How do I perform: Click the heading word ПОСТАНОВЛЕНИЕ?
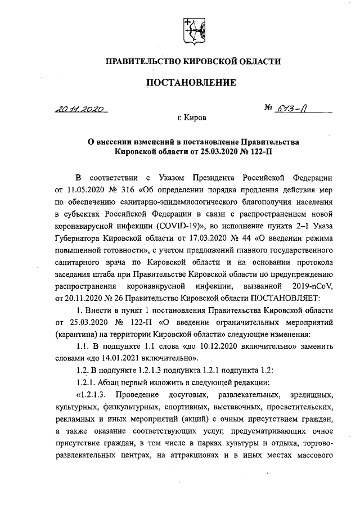click(191, 83)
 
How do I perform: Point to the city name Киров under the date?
click(194, 119)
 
